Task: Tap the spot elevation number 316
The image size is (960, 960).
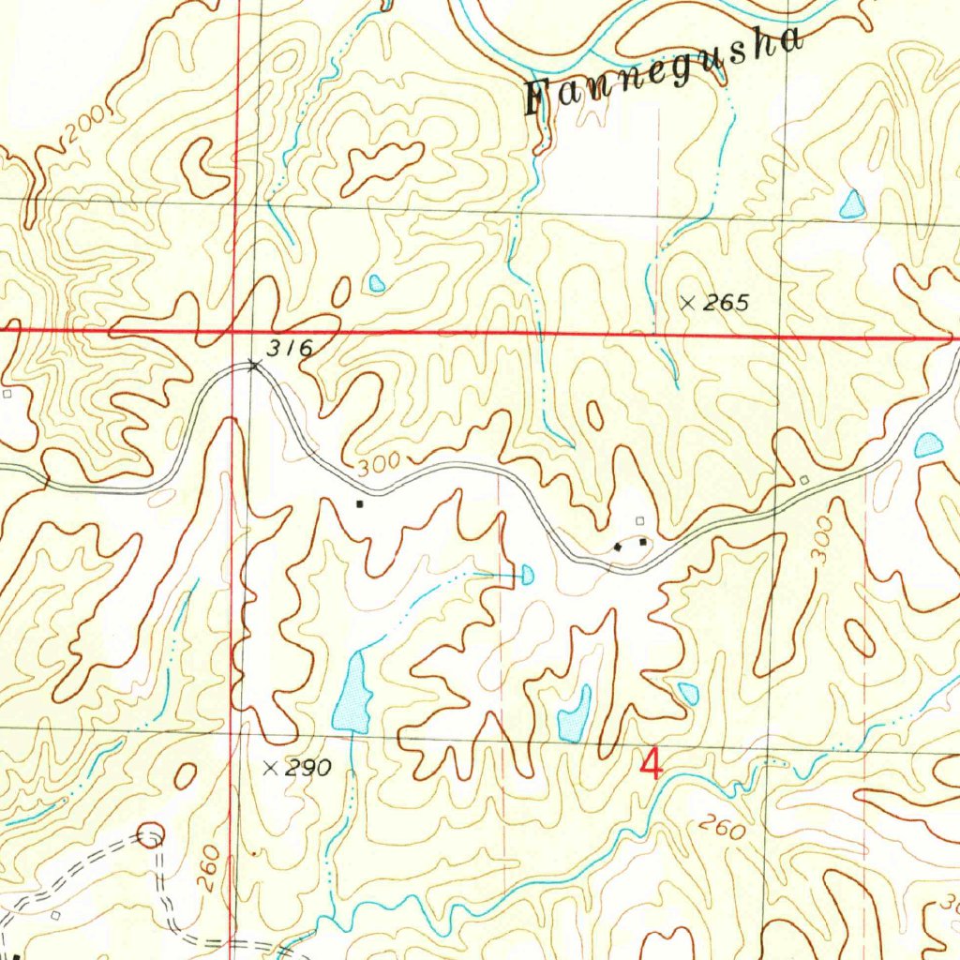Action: (x=288, y=349)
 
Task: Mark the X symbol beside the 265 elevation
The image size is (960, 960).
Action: (x=688, y=302)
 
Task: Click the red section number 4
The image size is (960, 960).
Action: (x=651, y=763)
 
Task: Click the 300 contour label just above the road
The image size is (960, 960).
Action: (x=378, y=462)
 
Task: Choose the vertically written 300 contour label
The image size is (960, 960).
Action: (x=822, y=541)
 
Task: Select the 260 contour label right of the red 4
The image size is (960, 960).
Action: (x=722, y=827)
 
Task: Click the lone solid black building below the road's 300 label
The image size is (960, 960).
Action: (x=359, y=503)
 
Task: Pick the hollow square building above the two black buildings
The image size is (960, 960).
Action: (x=640, y=520)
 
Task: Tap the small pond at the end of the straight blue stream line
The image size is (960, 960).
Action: (x=527, y=573)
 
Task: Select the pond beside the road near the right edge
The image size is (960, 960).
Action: (x=928, y=445)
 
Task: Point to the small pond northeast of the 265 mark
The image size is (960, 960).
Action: (x=851, y=203)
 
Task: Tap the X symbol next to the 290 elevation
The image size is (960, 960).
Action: (x=271, y=768)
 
